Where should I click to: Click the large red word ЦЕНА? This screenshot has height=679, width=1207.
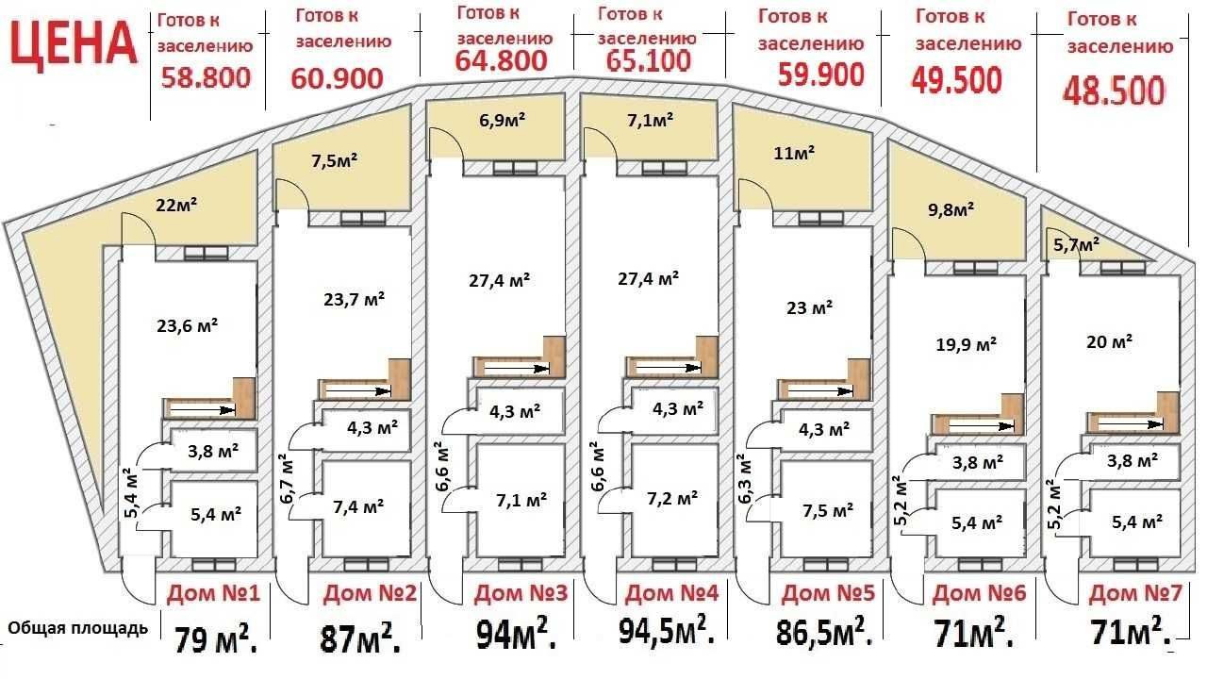tap(73, 46)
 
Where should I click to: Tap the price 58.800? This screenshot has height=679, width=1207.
tap(206, 77)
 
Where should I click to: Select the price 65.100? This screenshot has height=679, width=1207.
tap(648, 60)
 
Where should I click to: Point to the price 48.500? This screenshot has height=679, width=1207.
tap(1114, 91)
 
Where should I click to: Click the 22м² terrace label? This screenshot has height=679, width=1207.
tap(176, 205)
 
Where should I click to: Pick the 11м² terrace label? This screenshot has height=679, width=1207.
tap(794, 153)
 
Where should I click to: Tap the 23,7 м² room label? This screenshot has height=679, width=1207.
tap(354, 299)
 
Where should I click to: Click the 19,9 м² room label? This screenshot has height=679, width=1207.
tap(966, 344)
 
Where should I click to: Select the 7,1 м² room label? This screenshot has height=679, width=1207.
tap(521, 500)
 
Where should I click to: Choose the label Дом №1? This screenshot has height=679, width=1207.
tap(213, 593)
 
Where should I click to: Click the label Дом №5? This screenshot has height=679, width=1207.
tap(828, 593)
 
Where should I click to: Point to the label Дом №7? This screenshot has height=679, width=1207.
tap(1135, 593)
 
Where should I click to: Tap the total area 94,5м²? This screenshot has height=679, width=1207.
tap(667, 631)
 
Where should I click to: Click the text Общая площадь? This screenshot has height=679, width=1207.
tap(77, 628)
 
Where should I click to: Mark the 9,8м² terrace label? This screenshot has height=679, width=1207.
tap(951, 209)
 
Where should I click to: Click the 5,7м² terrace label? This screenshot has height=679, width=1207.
tap(1076, 245)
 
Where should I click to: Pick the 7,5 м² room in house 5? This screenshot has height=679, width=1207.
tap(828, 510)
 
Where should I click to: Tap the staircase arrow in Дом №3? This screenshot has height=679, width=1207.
tap(517, 369)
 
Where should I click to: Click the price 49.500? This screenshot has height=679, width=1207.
tap(956, 80)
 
